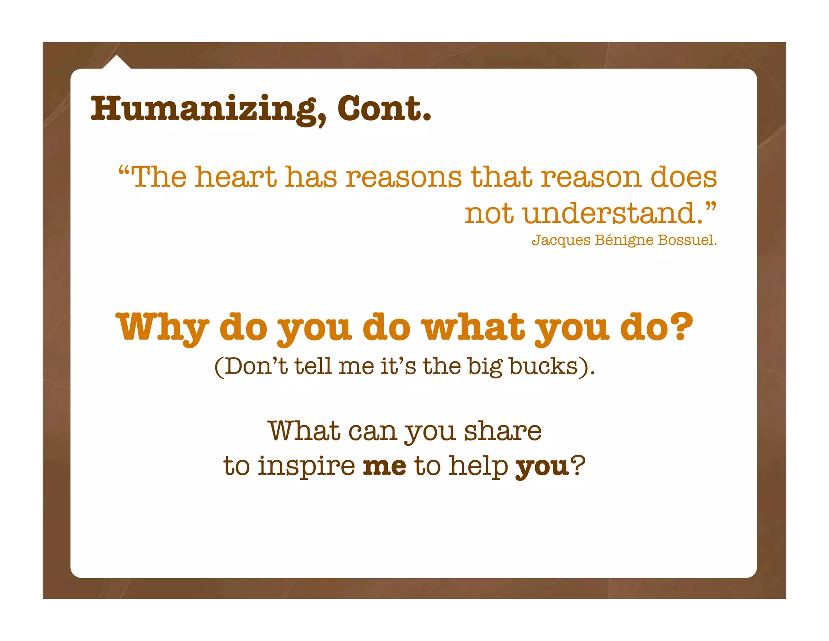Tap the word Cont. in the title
tap(384, 109)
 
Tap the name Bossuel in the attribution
tap(687, 240)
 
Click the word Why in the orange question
tap(162, 327)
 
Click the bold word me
tap(384, 466)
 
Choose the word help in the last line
tap(478, 466)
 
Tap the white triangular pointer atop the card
tap(117, 63)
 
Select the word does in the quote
tap(684, 177)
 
